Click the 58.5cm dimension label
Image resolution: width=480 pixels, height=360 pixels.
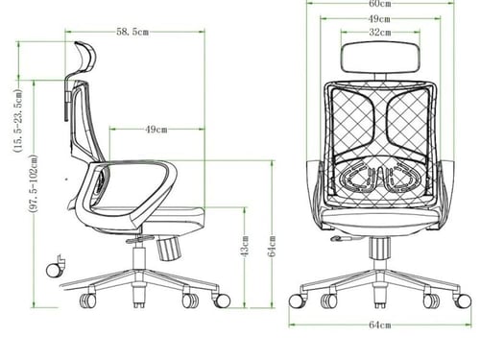[x=132, y=32]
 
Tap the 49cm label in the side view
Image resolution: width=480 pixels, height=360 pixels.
[x=156, y=130]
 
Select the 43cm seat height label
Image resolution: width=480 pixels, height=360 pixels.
[x=245, y=246]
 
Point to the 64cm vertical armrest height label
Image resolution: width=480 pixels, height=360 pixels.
[x=272, y=246]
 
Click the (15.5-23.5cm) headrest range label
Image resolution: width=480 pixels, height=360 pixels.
[x=18, y=120]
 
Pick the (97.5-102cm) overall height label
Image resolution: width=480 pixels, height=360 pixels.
[x=34, y=183]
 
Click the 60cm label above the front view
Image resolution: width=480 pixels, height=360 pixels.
[x=380, y=4]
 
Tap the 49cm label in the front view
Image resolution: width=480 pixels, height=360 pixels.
[x=379, y=19]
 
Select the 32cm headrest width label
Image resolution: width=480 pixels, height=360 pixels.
[x=380, y=33]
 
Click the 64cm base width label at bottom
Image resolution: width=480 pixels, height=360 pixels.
[x=380, y=324]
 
